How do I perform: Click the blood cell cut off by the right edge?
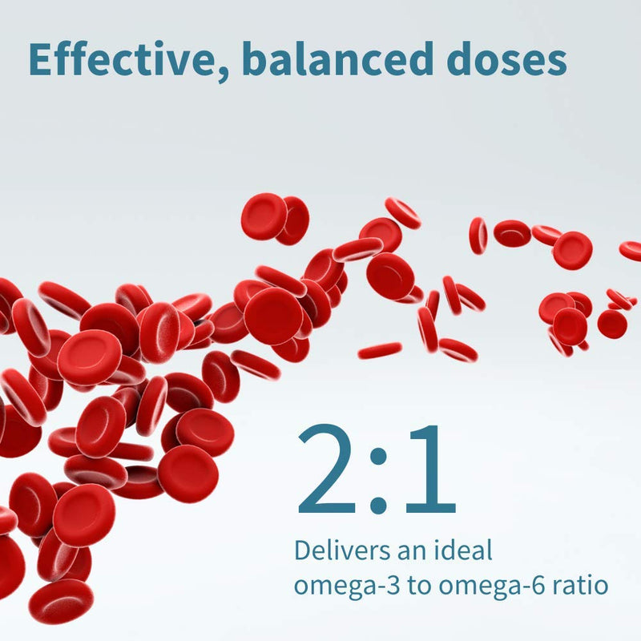point(631,250)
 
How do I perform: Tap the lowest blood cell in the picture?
point(60,601)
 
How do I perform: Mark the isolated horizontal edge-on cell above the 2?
point(380,350)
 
